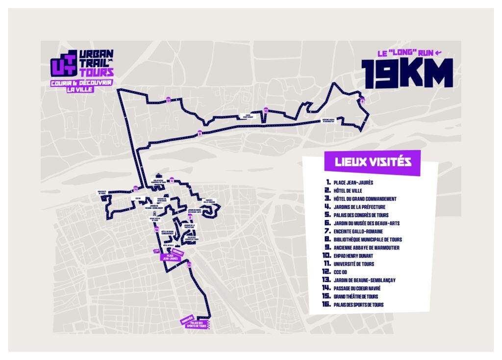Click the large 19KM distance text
point(406,73)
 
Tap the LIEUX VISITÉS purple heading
point(372,161)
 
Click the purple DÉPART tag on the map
point(178,253)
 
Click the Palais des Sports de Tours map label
point(198,324)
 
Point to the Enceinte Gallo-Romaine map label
point(208,200)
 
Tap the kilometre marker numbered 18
point(189,265)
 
